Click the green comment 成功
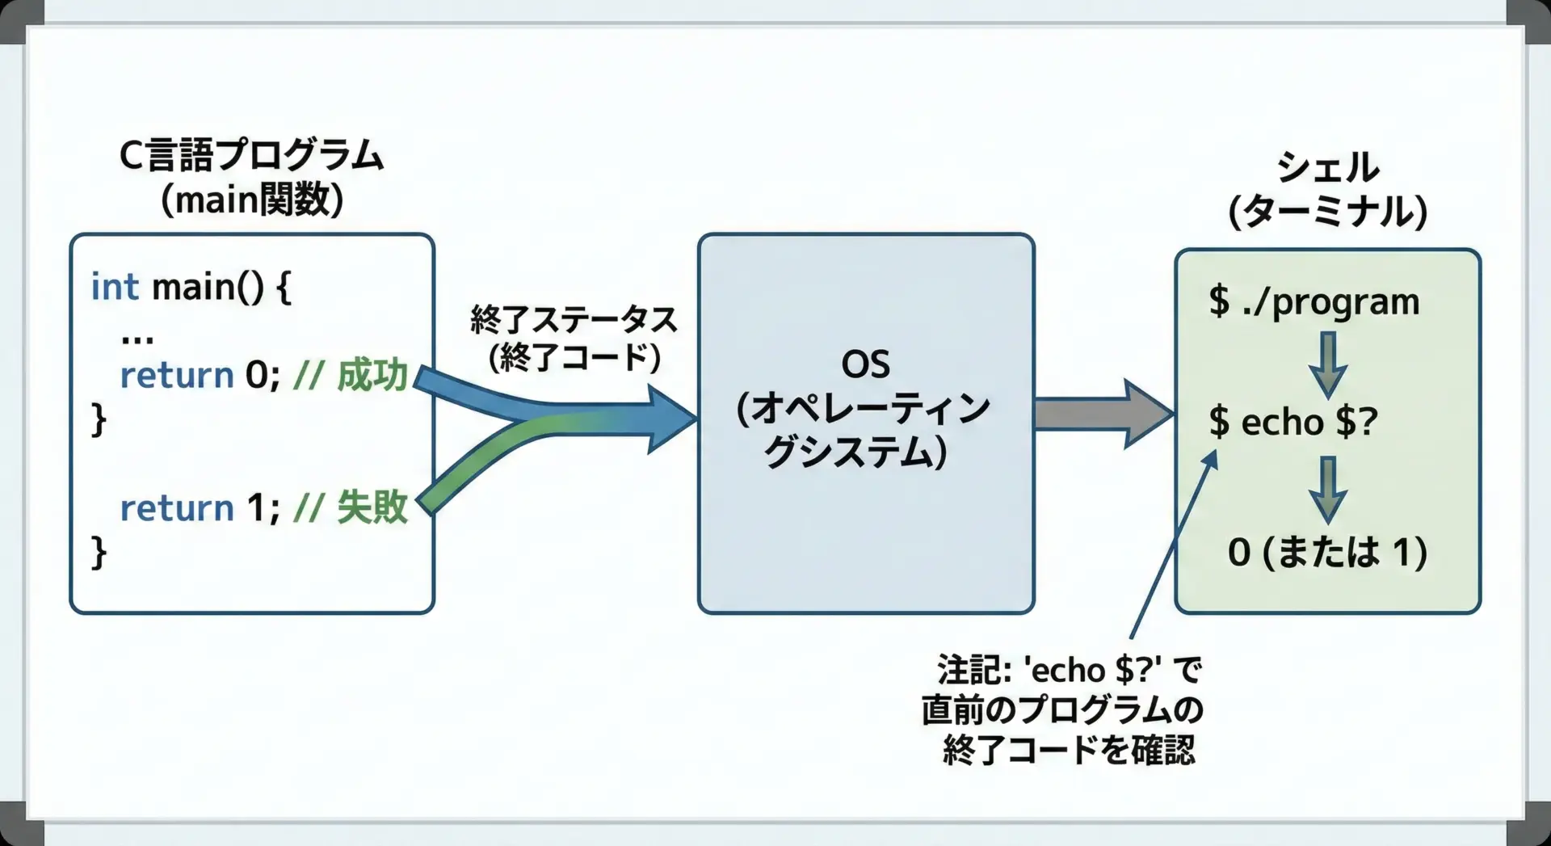point(372,375)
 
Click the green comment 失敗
point(372,507)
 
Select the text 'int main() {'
point(191,287)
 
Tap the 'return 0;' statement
point(200,375)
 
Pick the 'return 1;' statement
point(200,507)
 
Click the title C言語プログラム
point(251,155)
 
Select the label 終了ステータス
point(574,320)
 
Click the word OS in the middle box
point(865,364)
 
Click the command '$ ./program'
point(1314,301)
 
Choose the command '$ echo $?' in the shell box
point(1292,422)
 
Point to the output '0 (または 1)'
point(1327,552)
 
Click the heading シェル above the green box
point(1327,167)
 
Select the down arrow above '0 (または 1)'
point(1328,488)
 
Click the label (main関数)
point(252,199)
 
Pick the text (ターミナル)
point(1327,212)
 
